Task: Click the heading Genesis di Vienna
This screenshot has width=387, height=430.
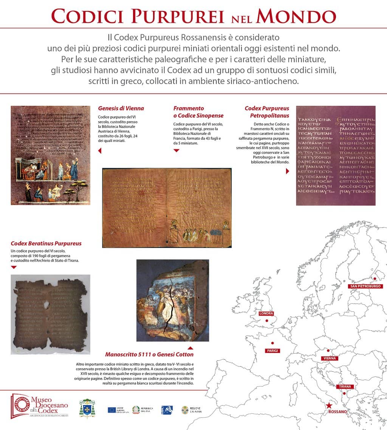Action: click(121, 108)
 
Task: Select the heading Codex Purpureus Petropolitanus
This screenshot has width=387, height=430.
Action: click(267, 112)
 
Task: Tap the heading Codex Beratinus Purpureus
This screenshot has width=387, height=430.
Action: click(46, 243)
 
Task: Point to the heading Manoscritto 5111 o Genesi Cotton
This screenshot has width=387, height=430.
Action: click(149, 354)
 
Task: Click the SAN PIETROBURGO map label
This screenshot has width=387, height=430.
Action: click(365, 286)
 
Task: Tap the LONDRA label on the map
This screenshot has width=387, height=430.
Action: click(266, 314)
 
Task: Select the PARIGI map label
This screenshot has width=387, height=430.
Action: click(272, 351)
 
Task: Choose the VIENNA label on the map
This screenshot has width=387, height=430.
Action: click(328, 358)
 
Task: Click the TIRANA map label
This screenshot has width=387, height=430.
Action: click(345, 387)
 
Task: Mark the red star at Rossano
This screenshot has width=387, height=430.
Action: click(330, 405)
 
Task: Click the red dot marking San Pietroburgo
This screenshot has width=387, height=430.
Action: click(375, 279)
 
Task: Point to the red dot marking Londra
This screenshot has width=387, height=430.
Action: click(267, 321)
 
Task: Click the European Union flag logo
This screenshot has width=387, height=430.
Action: click(111, 410)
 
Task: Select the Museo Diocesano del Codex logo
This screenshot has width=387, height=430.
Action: click(40, 406)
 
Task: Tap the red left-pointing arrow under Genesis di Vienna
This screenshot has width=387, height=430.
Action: click(100, 151)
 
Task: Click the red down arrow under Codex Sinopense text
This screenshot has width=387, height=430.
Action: click(176, 150)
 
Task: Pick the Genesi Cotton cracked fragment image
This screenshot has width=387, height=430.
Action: click(172, 300)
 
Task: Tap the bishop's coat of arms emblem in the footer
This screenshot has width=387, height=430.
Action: click(87, 408)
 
